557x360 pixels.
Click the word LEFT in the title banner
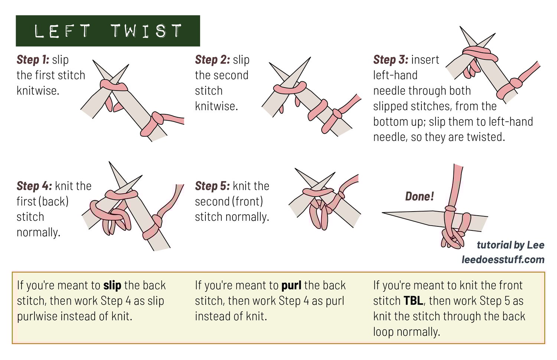coord(62,31)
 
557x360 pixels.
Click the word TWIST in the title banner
coord(146,31)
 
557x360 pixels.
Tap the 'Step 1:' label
coord(33,60)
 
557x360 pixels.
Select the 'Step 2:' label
coord(213,60)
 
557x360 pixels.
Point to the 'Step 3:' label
coord(391,60)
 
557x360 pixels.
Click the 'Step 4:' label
coord(34,186)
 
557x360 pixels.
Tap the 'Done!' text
coord(420,196)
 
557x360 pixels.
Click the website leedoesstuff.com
coord(503,260)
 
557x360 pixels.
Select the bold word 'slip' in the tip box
coord(113,285)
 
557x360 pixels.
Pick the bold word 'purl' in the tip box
coord(291,285)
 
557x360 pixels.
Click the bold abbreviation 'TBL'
coord(413,301)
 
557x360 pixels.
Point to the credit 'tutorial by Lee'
coord(511,245)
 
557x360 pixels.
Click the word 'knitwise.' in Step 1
coord(38,91)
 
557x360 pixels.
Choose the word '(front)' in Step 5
coord(247,202)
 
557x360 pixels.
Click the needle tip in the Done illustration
coord(383,213)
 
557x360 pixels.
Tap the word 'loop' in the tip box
coord(383,332)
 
